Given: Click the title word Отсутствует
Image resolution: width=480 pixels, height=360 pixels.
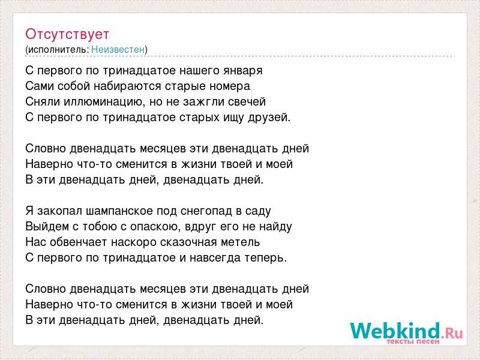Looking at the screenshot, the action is [x=67, y=34].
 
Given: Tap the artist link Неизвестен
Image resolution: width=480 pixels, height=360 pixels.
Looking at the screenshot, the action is [x=118, y=49].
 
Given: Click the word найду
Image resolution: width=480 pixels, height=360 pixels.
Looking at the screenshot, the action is [x=275, y=227].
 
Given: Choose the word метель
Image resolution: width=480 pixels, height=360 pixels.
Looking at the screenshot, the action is [x=241, y=242].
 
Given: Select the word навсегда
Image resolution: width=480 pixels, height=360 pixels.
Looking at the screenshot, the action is [x=215, y=258].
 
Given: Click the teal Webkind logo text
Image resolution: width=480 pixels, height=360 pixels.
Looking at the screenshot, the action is [x=395, y=331].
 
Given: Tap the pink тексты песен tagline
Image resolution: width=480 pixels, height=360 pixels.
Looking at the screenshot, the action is [x=413, y=341].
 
